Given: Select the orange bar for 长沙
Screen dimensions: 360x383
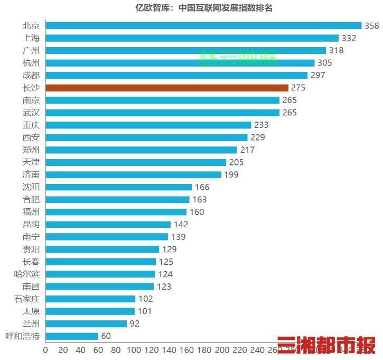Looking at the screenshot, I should pyautogui.click(x=167, y=88).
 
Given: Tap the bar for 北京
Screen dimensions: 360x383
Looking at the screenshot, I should pyautogui.click(x=203, y=25).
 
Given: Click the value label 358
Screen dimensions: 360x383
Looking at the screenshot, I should pyautogui.click(x=371, y=25).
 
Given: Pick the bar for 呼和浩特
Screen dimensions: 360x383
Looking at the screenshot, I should pyautogui.click(x=72, y=336).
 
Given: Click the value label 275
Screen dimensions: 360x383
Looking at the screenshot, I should pyautogui.click(x=298, y=88).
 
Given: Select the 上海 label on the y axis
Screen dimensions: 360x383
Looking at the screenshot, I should pyautogui.click(x=31, y=38).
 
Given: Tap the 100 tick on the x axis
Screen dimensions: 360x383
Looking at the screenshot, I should pyautogui.click(x=134, y=350).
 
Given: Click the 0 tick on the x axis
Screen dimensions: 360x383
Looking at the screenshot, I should pyautogui.click(x=45, y=350).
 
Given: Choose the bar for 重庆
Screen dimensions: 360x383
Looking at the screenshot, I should pyautogui.click(x=148, y=125).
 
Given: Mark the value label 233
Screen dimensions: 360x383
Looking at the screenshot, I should pyautogui.click(x=261, y=125).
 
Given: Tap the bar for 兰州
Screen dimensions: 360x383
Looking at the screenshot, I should pyautogui.click(x=86, y=324).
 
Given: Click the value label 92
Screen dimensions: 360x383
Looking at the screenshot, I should pyautogui.click(x=134, y=324).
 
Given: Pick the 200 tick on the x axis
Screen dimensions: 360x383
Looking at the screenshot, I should pyautogui.click(x=222, y=350).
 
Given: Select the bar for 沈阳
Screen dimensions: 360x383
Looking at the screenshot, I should pyautogui.click(x=119, y=187).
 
